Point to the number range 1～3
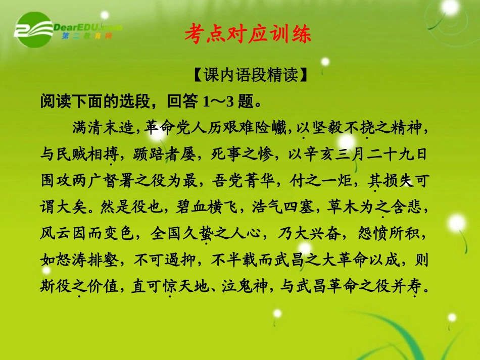(218, 101)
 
